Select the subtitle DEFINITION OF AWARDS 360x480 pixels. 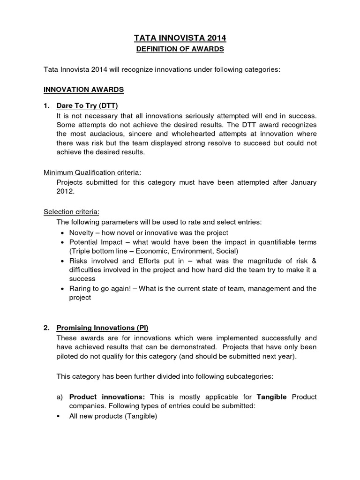[x=180, y=49]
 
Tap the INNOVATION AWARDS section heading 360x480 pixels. [x=83, y=88]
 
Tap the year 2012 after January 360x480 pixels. [x=65, y=191]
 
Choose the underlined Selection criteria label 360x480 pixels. [x=71, y=211]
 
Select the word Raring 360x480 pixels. [x=81, y=288]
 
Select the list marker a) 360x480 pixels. [x=60, y=397]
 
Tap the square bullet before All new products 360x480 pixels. [x=59, y=416]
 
